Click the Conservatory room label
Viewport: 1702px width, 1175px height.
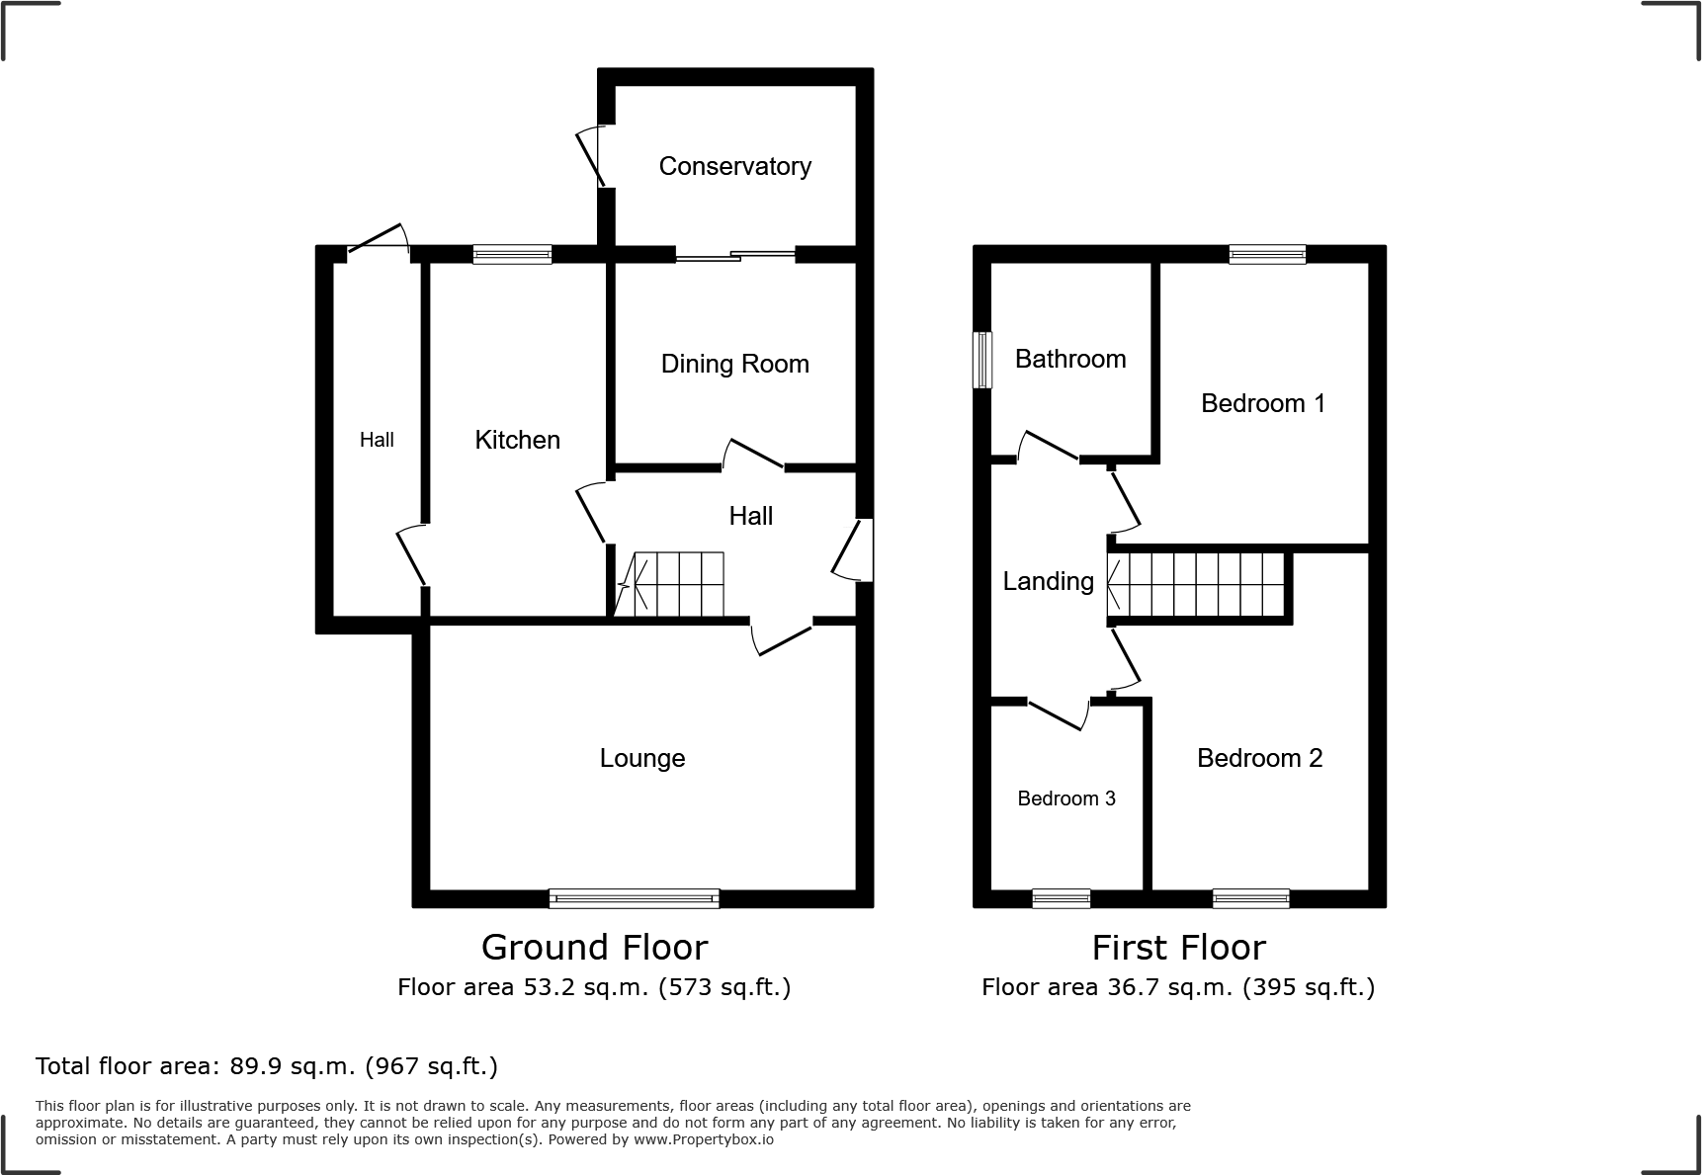coord(734,166)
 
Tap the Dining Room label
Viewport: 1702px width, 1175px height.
coord(734,364)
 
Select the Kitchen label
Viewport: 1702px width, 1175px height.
coord(517,440)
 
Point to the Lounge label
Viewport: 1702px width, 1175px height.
coord(641,758)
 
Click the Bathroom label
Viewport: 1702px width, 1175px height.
coord(1069,359)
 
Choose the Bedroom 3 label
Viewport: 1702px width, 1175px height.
coord(1065,798)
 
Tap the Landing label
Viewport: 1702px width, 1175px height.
coord(1048,581)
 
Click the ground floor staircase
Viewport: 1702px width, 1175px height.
coord(672,584)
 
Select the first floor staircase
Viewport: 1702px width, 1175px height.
coord(1198,584)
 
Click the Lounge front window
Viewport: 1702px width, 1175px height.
coord(634,898)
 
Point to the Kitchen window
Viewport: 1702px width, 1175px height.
coord(512,254)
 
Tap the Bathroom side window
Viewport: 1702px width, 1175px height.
coord(982,360)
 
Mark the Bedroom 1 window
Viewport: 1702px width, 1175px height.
coord(1267,254)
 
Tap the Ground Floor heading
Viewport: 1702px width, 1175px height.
coord(594,947)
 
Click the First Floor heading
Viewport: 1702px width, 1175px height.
coord(1178,947)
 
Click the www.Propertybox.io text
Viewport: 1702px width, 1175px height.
coord(704,1139)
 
